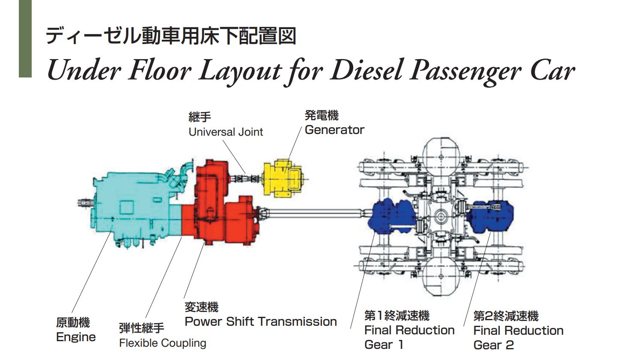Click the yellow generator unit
click(282, 178)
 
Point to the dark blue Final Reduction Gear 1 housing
click(392, 216)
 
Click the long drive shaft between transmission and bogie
click(314, 213)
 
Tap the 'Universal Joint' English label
click(226, 132)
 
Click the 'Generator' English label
click(334, 130)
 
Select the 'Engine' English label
click(76, 337)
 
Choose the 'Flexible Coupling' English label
click(163, 343)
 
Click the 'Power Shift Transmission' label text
click(261, 322)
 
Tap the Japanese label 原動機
click(73, 322)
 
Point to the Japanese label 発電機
click(322, 116)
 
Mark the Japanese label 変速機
click(201, 307)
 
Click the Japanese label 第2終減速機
click(506, 316)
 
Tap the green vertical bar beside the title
click(25, 39)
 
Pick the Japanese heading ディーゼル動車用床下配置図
click(171, 36)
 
